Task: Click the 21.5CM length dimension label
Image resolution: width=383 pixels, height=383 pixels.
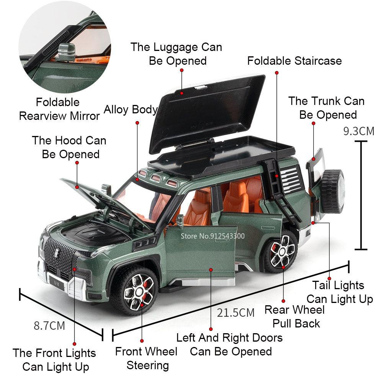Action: click(x=236, y=313)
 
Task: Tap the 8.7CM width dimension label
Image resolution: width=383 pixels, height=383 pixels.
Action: click(x=49, y=326)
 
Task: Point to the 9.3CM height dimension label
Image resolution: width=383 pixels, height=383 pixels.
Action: click(x=358, y=131)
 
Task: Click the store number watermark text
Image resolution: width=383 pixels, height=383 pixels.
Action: click(x=212, y=236)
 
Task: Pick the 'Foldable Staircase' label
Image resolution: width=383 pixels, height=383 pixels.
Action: click(x=294, y=61)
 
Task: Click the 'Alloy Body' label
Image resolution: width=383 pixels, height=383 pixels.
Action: click(x=131, y=110)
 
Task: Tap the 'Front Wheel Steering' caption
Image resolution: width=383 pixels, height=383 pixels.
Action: click(x=146, y=358)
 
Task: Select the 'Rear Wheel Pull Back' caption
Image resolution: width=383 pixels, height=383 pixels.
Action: click(x=295, y=316)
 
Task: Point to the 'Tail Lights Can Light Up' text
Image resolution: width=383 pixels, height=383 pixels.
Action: click(x=339, y=292)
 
